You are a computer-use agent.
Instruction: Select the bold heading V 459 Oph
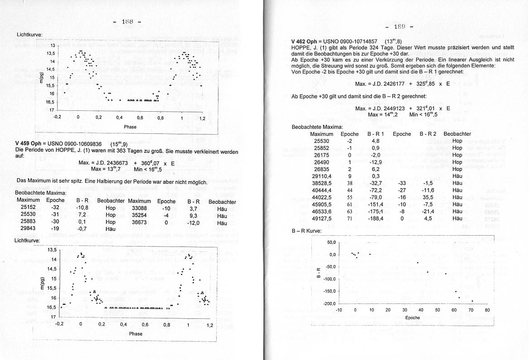pyautogui.click(x=30, y=144)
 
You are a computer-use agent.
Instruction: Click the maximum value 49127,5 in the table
pyautogui.click(x=323, y=218)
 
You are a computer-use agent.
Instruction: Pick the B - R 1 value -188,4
pyautogui.click(x=376, y=218)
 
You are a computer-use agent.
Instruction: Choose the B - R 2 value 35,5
pyautogui.click(x=428, y=197)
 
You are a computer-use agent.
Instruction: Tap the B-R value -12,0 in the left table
pyautogui.click(x=193, y=223)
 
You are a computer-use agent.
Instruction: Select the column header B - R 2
pyautogui.click(x=428, y=134)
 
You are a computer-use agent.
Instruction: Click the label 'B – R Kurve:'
pyautogui.click(x=306, y=231)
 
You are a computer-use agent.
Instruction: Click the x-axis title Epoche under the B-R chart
pyautogui.click(x=412, y=317)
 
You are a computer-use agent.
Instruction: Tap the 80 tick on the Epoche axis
pyautogui.click(x=487, y=310)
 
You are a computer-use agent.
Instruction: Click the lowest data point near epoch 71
pyautogui.click(x=472, y=301)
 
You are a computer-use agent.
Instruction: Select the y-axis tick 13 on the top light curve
pyautogui.click(x=52, y=46)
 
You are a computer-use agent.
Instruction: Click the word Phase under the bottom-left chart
pyautogui.click(x=135, y=334)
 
